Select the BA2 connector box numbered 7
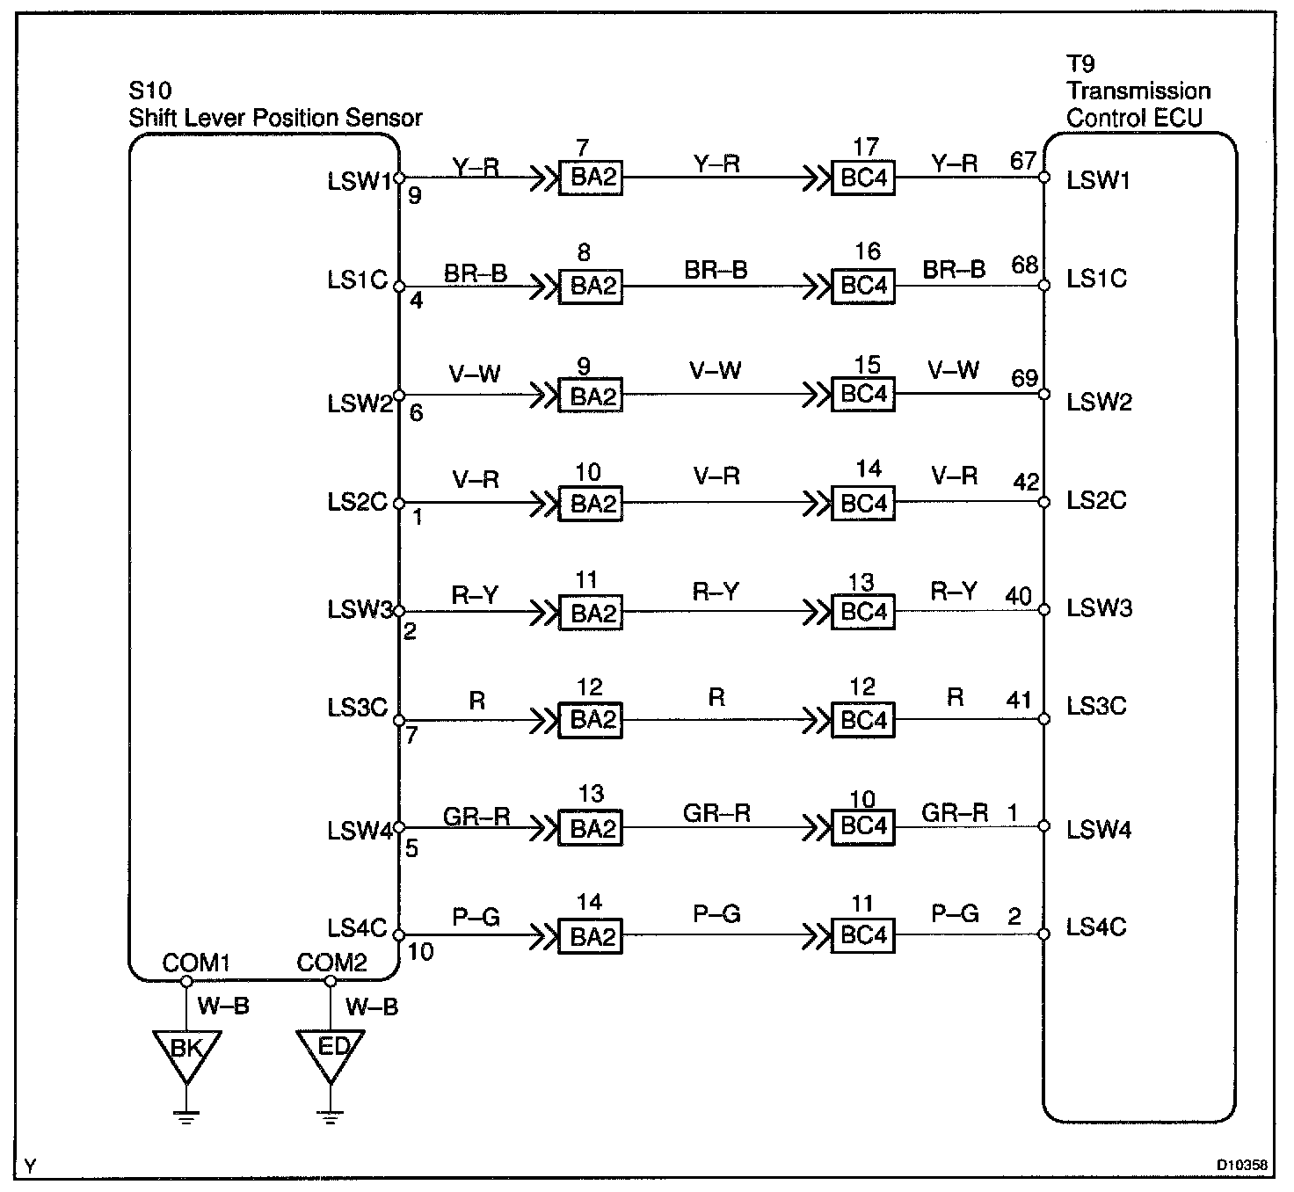pyautogui.click(x=591, y=178)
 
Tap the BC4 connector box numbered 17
pyautogui.click(x=863, y=178)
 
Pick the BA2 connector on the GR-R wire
pyautogui.click(x=591, y=827)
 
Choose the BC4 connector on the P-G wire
pyautogui.click(x=863, y=934)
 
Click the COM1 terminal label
pyautogui.click(x=196, y=963)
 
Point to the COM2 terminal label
pyautogui.click(x=331, y=963)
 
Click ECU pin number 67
pyautogui.click(x=1024, y=162)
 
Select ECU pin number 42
pyautogui.click(x=1026, y=483)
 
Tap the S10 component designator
pyautogui.click(x=150, y=91)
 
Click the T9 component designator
pyautogui.click(x=1080, y=64)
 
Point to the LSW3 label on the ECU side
pyautogui.click(x=1099, y=608)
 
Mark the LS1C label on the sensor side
pyautogui.click(x=357, y=280)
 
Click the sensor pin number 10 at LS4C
pyautogui.click(x=421, y=952)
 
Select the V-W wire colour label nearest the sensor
pyautogui.click(x=475, y=374)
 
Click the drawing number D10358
pyautogui.click(x=1242, y=1166)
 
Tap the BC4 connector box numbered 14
pyautogui.click(x=863, y=503)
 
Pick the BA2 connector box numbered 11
pyautogui.click(x=591, y=612)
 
